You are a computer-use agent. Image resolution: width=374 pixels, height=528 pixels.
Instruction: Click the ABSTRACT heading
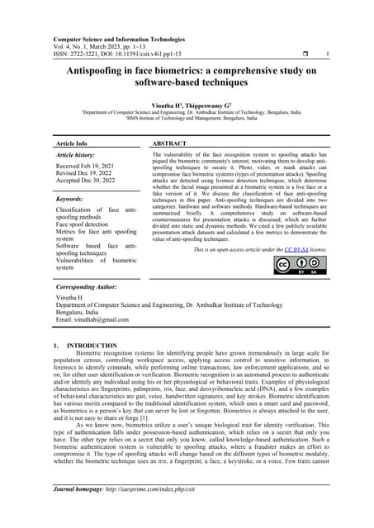tap(169, 143)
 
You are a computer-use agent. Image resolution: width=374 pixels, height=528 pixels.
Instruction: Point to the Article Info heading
tap(71, 143)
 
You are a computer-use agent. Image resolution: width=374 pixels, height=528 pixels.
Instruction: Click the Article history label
tap(75, 155)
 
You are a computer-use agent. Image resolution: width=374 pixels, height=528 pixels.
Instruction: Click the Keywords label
tap(69, 200)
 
